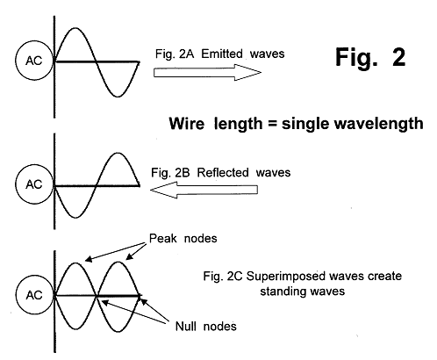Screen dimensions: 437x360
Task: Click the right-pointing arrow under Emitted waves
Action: (207, 72)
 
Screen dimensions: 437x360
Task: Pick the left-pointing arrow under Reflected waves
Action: (204, 190)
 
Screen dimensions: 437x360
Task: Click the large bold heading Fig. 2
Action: (370, 57)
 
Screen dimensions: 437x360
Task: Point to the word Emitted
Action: (222, 54)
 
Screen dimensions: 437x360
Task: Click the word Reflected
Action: (224, 172)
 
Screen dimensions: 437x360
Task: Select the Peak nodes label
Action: (183, 238)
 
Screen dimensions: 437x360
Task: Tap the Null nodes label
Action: (205, 326)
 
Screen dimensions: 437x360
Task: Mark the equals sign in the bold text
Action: (272, 123)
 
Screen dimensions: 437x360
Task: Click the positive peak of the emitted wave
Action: (75, 28)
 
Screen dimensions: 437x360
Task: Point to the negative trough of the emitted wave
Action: (118, 96)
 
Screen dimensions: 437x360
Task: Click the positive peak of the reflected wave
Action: (118, 153)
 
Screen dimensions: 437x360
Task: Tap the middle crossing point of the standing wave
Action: (97, 296)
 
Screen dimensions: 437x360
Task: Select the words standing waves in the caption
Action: (303, 292)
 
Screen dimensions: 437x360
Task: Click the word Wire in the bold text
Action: (187, 124)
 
